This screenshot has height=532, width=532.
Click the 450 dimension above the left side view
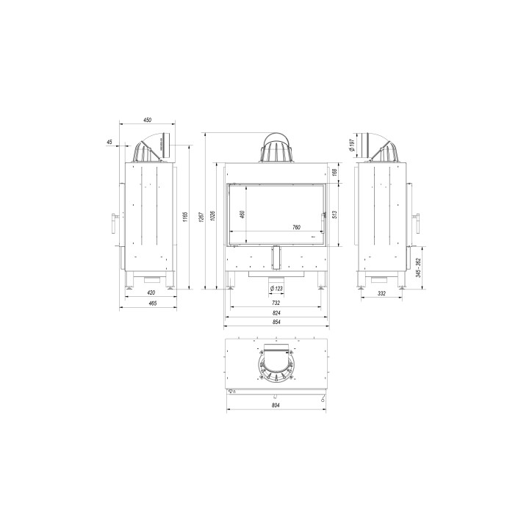pos(147,120)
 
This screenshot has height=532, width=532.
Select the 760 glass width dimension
pos(296,227)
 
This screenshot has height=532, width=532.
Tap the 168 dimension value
pos(335,172)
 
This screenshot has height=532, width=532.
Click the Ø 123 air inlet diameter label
pos(276,288)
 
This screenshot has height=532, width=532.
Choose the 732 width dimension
pos(276,302)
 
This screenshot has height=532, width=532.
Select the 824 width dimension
pos(276,312)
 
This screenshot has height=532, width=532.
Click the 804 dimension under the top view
pos(276,405)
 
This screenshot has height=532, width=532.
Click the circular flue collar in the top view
pos(276,364)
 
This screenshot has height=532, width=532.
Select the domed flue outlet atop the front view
pos(276,148)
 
